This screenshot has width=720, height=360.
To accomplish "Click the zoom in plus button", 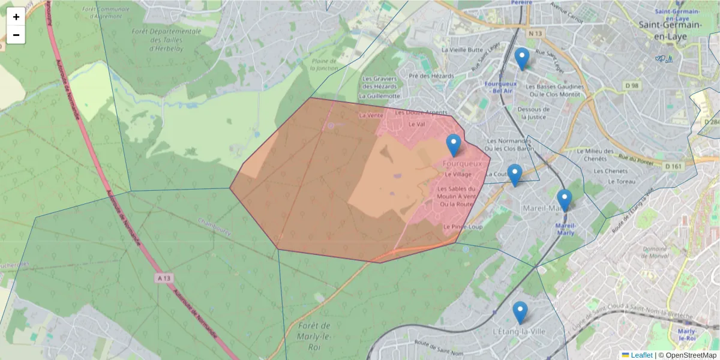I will pos(16,17).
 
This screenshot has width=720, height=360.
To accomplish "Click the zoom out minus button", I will pos(16,35).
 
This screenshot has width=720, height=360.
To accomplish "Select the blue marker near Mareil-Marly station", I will pos(564,200).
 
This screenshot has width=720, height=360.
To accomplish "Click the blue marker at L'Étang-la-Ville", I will pos(520,313).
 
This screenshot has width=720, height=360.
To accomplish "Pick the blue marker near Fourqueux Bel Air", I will pos(522,59).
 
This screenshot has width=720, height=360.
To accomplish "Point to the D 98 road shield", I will pos(631,86).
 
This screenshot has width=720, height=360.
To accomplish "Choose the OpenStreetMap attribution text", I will pos(689,355).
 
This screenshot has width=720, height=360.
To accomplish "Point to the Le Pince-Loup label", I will pos(463,227).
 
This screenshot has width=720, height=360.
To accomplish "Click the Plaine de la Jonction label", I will pos(325,65).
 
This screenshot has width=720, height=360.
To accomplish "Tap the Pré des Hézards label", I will pos(431,76).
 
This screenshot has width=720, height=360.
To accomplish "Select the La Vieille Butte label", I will pos(462,50).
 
